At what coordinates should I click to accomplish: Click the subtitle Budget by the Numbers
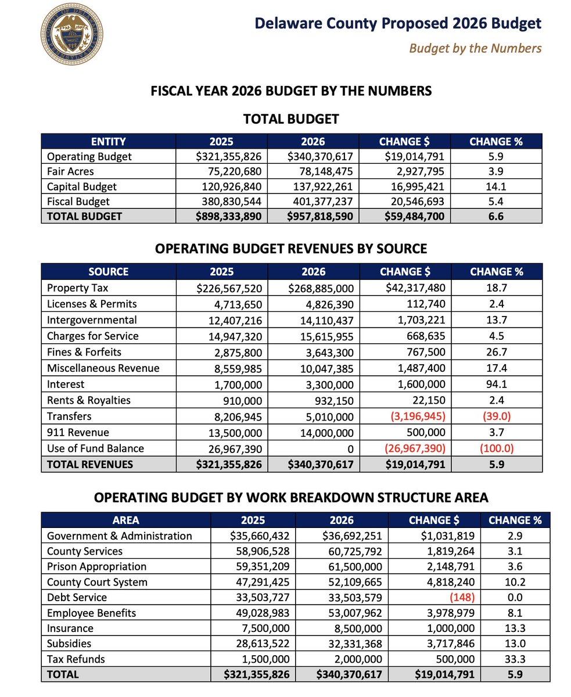(x=475, y=48)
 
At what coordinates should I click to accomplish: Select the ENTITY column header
(x=108, y=141)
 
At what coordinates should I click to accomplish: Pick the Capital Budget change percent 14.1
(x=496, y=186)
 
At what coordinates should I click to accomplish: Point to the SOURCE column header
(x=108, y=271)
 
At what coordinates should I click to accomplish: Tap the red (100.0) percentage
(x=496, y=448)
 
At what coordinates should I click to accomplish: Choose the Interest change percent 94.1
(x=496, y=384)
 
